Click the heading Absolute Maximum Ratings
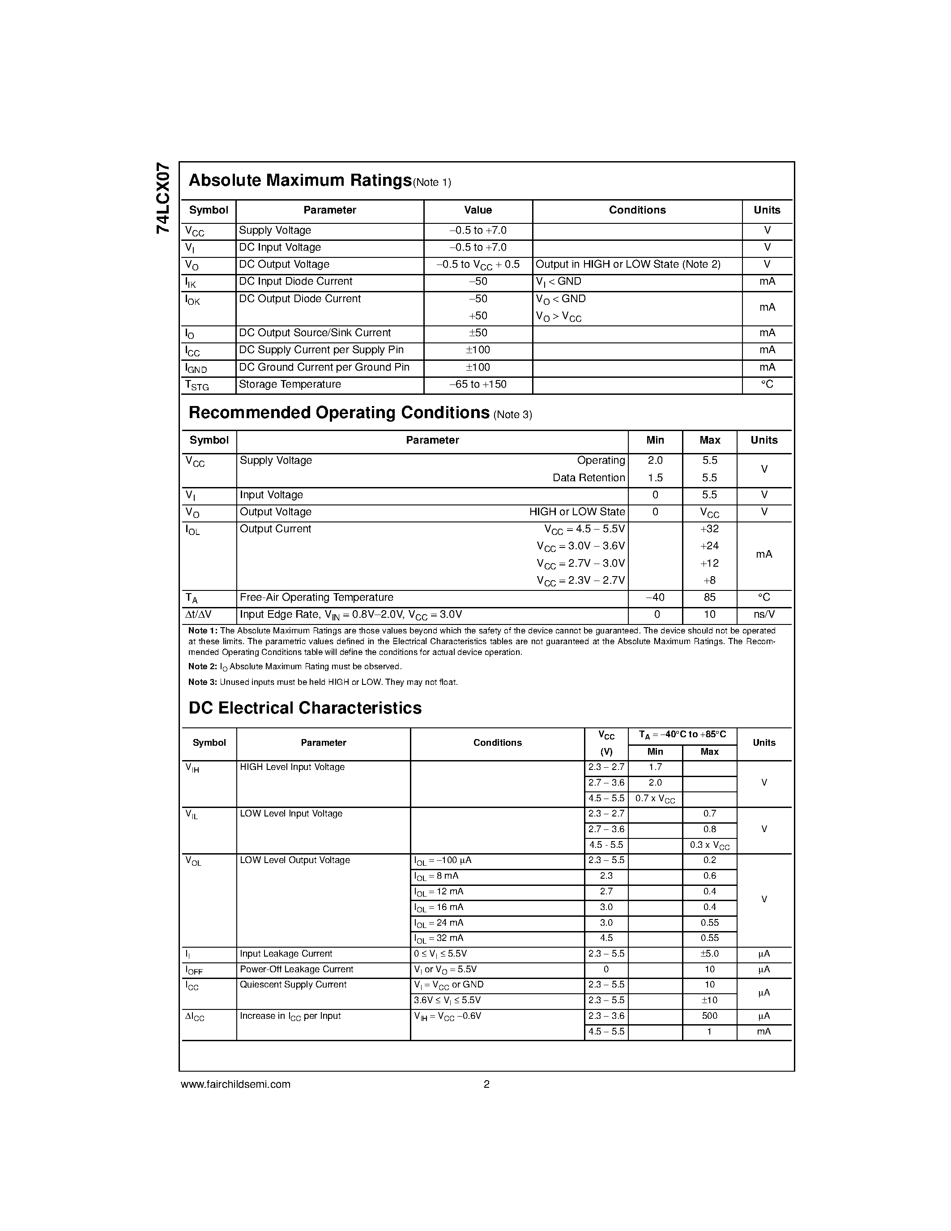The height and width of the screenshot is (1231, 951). [300, 180]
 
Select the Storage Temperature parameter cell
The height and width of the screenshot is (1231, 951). [290, 385]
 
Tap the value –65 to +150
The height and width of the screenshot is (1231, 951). [478, 385]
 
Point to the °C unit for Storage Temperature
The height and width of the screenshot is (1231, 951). [767, 385]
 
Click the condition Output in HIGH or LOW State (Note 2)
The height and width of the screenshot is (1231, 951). [627, 265]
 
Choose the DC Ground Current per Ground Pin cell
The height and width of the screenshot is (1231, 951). [324, 368]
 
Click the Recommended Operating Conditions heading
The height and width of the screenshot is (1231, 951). [339, 413]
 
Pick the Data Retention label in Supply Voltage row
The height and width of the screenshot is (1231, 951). [589, 478]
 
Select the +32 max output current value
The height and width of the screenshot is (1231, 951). [709, 529]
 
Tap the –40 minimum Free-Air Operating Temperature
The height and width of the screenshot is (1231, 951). [655, 597]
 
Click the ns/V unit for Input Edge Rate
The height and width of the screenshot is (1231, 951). [764, 614]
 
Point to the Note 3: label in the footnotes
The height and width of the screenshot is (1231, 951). [202, 682]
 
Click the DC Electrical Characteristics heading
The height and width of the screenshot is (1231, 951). [305, 708]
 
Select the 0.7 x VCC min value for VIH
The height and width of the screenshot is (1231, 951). [655, 799]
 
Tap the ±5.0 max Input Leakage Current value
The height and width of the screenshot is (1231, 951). [709, 953]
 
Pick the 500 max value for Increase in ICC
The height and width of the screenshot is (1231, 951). [709, 1016]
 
